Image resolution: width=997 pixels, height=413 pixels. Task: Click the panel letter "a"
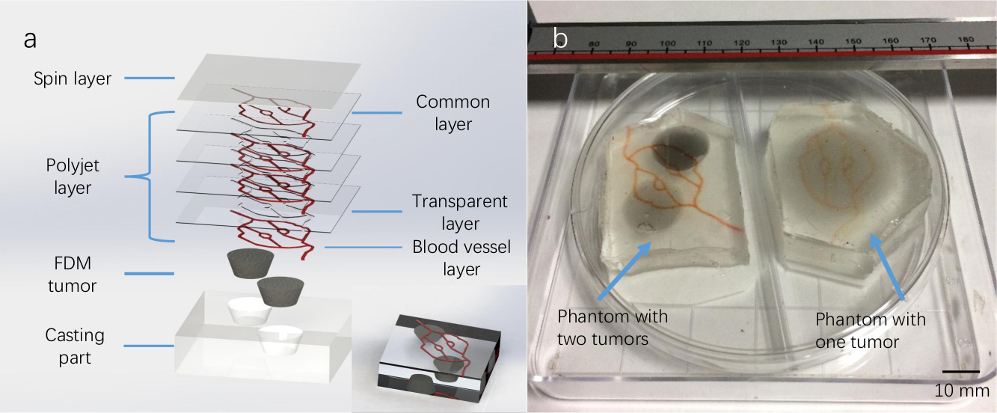30,40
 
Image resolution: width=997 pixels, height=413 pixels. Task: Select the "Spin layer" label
73,78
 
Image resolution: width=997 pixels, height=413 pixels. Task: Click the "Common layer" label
453,112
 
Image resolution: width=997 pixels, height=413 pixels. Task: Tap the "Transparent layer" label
460,212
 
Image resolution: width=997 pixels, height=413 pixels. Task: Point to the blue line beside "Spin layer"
149,78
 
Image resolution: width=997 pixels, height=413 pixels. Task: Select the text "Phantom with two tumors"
613,327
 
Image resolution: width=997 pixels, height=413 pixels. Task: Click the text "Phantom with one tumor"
871,331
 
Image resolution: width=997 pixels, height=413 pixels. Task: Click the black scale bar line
960,371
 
